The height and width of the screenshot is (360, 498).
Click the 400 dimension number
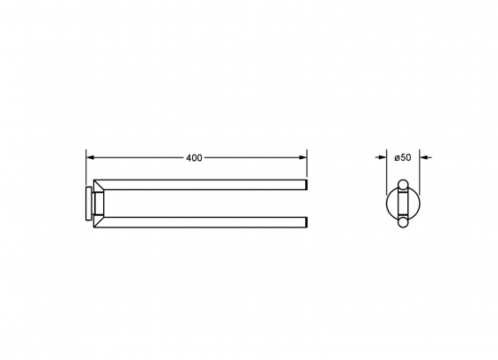pos(194,158)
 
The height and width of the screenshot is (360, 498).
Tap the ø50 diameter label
pos(403,157)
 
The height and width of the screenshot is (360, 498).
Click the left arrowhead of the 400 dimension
pos(91,157)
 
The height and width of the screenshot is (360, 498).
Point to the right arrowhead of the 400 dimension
pos(302,157)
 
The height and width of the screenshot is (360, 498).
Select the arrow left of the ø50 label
pos(381,157)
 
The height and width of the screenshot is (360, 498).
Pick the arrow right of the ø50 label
pos(426,157)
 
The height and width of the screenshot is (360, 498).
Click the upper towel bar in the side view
pos(200,185)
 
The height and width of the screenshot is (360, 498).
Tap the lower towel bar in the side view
pos(200,222)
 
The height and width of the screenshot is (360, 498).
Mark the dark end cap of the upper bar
pos(306,185)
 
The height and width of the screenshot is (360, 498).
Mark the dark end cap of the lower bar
pos(306,222)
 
